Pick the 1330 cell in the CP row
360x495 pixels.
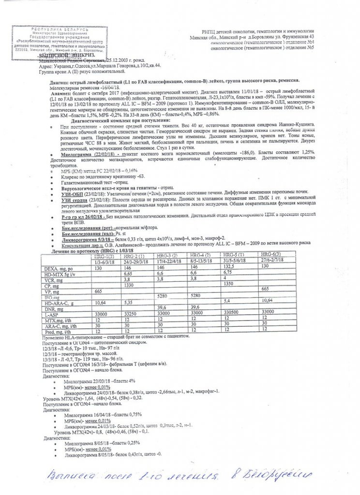[129, 285]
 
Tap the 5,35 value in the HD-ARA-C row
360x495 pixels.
[129, 302]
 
